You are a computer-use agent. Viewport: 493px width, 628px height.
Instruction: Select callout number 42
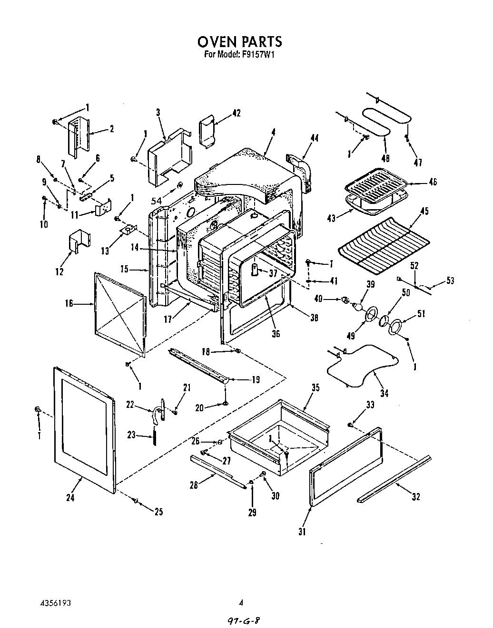(236, 113)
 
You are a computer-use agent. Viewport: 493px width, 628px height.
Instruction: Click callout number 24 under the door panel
(71, 498)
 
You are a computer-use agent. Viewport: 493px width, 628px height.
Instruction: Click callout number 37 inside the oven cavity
(272, 272)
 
